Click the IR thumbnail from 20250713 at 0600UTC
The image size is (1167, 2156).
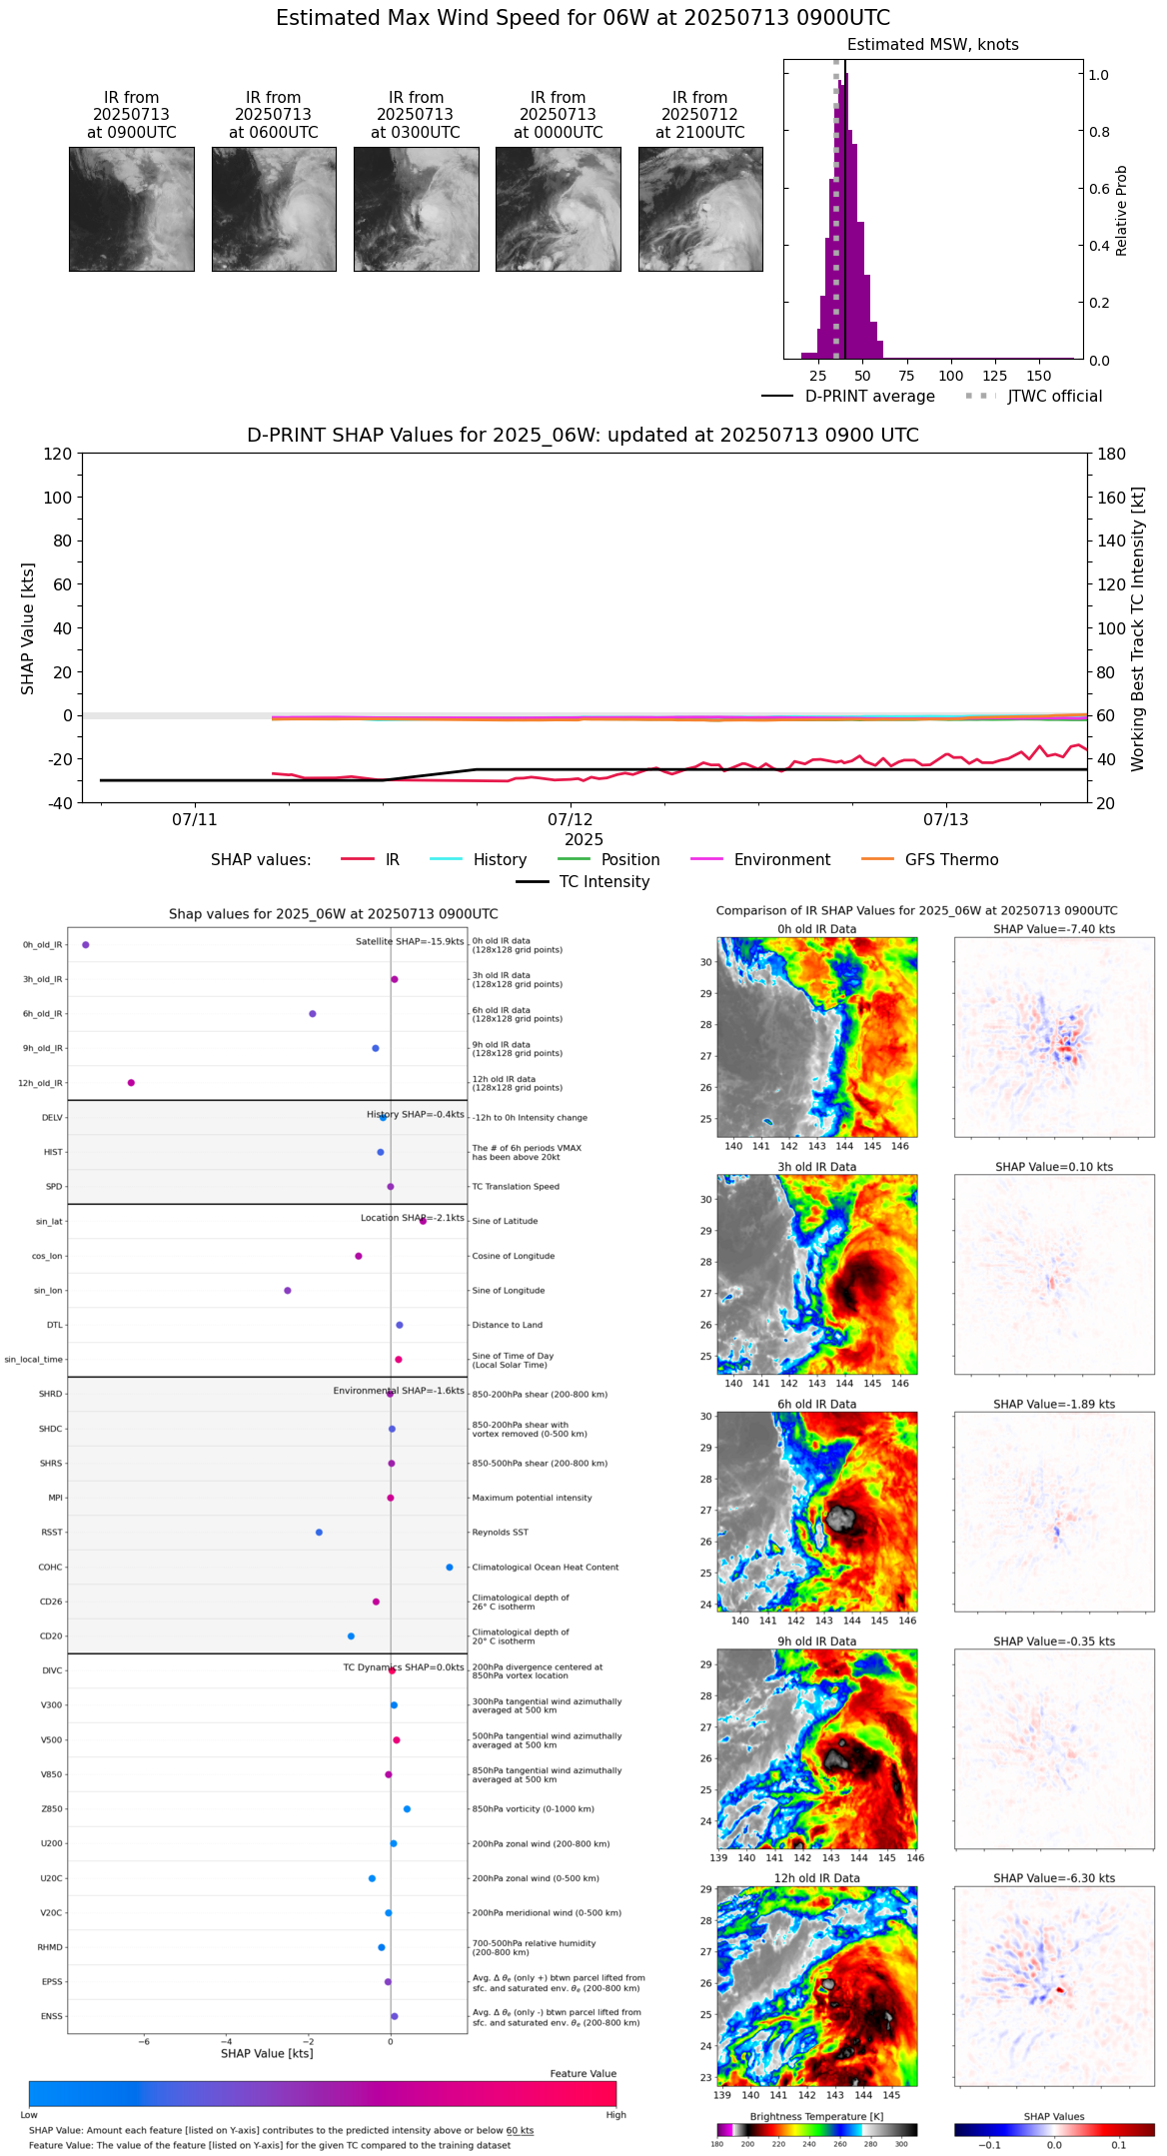(x=274, y=209)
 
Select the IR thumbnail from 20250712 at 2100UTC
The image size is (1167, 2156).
(x=700, y=209)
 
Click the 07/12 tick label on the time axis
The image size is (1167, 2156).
(x=571, y=820)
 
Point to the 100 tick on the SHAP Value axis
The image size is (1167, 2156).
(x=58, y=498)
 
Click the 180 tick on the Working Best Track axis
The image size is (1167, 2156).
(x=1112, y=455)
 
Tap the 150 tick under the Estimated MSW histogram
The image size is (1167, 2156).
(x=1039, y=377)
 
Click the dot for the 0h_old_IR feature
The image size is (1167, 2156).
(x=86, y=945)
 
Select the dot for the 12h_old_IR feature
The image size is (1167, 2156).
(x=131, y=1083)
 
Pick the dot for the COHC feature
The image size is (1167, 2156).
(x=450, y=1568)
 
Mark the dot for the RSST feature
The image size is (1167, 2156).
(x=319, y=1533)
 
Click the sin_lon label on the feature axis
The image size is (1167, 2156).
(x=48, y=1291)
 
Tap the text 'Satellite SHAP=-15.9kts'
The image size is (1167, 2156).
(x=410, y=942)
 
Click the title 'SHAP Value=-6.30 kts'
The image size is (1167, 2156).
(x=1054, y=1878)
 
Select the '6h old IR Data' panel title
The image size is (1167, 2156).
(x=816, y=1404)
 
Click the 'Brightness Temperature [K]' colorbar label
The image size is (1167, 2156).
(x=816, y=2117)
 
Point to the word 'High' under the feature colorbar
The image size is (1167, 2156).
(x=615, y=2115)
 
